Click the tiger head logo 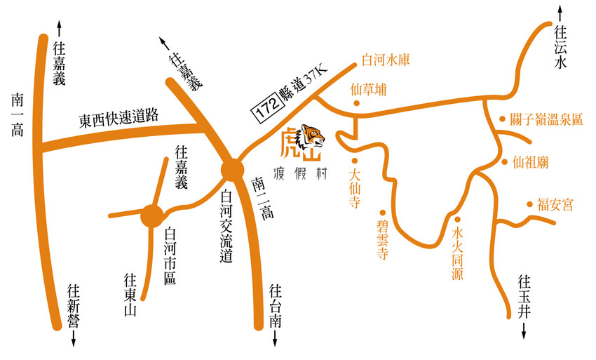click(x=313, y=138)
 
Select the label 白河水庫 click(x=385, y=60)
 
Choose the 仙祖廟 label click(x=531, y=162)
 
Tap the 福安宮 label click(x=555, y=205)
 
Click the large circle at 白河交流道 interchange click(x=231, y=171)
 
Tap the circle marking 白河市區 click(x=151, y=215)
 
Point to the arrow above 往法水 click(x=560, y=13)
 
